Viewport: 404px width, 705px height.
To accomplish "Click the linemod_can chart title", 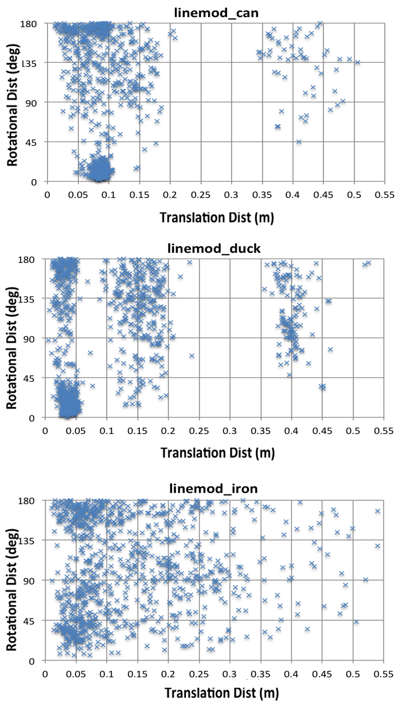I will [216, 13].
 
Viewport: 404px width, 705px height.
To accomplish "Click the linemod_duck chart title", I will [214, 248].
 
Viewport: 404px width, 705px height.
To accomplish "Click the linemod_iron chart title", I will [213, 488].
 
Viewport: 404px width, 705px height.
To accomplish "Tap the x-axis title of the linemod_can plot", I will [217, 217].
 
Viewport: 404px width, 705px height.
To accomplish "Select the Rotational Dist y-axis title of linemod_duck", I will [12, 347].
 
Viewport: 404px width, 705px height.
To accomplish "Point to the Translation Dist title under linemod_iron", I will [222, 693].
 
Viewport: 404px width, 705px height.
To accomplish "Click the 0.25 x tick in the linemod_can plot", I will [200, 195].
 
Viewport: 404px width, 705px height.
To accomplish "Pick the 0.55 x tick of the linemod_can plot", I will [384, 195].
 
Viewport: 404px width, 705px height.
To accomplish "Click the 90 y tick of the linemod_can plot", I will [31, 103].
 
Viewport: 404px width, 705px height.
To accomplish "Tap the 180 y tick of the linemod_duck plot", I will [26, 259].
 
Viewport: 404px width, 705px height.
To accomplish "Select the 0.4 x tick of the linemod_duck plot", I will [291, 431].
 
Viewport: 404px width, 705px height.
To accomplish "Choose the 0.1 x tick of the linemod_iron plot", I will [107, 674].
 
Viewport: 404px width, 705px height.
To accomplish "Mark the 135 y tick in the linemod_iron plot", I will [26, 541].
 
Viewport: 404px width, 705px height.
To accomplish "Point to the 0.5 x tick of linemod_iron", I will [353, 674].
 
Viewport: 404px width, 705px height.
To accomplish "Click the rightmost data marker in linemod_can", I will [358, 62].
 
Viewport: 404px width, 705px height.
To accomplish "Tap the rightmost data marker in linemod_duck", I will [369, 263].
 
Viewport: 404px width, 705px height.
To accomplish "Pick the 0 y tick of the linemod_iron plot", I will [32, 661].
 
